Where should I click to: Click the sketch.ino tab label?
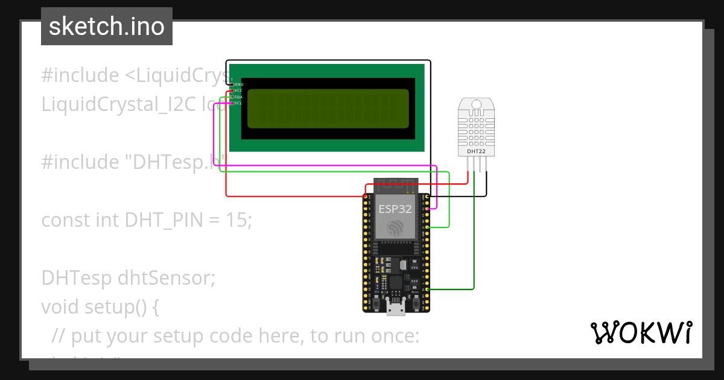pyautogui.click(x=107, y=27)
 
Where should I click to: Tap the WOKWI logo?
pyautogui.click(x=640, y=333)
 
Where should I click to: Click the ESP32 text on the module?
pyautogui.click(x=395, y=209)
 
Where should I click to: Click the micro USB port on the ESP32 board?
pyautogui.click(x=396, y=309)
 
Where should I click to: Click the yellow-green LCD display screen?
pyautogui.click(x=328, y=109)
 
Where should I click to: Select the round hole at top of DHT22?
pyautogui.click(x=476, y=105)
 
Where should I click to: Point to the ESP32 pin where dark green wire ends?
pyautogui.click(x=427, y=290)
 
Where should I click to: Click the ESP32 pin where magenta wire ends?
pyautogui.click(x=427, y=209)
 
